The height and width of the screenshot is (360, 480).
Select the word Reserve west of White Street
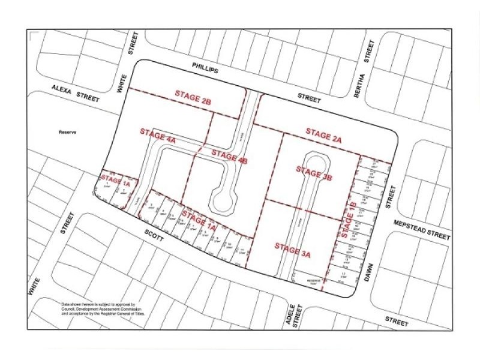click(x=70, y=133)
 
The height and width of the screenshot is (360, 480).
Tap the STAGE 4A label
click(x=157, y=136)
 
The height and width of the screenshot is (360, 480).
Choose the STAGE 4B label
click(x=230, y=158)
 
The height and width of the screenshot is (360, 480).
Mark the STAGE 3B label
click(x=314, y=174)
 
